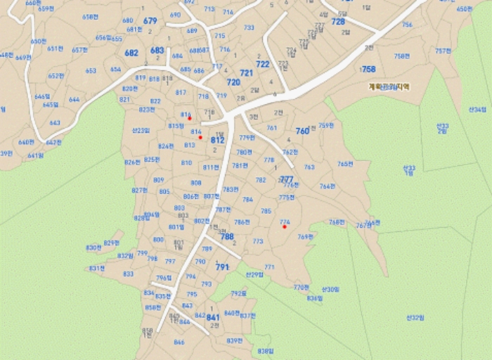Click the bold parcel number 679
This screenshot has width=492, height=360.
pyautogui.click(x=150, y=21)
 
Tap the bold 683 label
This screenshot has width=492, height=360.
pyautogui.click(x=157, y=51)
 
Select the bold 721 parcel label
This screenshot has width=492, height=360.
pyautogui.click(x=246, y=73)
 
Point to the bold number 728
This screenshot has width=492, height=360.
pyautogui.click(x=338, y=22)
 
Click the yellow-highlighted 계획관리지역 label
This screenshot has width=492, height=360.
pyautogui.click(x=389, y=87)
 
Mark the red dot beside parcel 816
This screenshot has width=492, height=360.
pyautogui.click(x=190, y=118)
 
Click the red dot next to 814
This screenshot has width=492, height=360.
pyautogui.click(x=200, y=137)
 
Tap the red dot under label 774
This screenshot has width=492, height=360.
pyautogui.click(x=284, y=226)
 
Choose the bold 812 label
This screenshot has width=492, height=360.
pyautogui.click(x=217, y=140)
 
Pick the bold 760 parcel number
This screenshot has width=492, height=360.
pyautogui.click(x=302, y=131)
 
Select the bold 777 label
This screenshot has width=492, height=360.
pyautogui.click(x=287, y=179)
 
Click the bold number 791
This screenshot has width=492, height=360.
pyautogui.click(x=222, y=267)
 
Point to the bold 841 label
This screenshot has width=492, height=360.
pyautogui.click(x=213, y=318)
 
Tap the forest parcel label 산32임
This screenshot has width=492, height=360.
pyautogui.click(x=415, y=318)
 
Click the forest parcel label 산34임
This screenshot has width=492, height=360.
pyautogui.click(x=477, y=110)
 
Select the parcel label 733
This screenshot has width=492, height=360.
pyautogui.click(x=249, y=27)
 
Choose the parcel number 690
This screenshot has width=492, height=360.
pyautogui.click(x=175, y=15)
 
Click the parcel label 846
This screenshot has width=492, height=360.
pyautogui.click(x=179, y=342)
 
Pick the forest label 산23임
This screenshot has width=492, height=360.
pyautogui.click(x=141, y=130)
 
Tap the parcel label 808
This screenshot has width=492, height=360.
pyautogui.click(x=196, y=183)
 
